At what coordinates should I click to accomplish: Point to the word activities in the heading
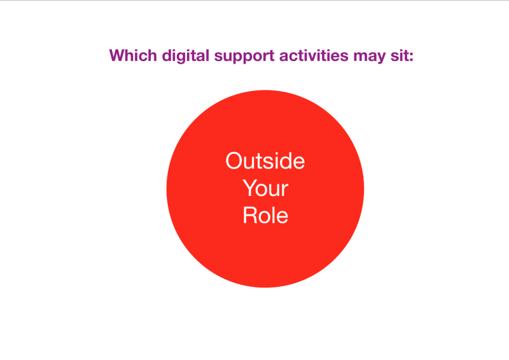click(x=314, y=55)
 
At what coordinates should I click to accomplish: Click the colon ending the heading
click(x=411, y=57)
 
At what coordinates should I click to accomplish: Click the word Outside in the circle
click(x=265, y=161)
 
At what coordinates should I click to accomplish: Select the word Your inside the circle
click(x=265, y=188)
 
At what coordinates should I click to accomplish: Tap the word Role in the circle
click(x=265, y=215)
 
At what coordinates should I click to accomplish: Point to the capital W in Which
click(x=118, y=55)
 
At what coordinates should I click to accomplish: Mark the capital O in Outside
click(x=234, y=161)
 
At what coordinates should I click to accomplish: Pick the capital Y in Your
click(x=250, y=188)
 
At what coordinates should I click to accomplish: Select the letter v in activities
click(x=310, y=57)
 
